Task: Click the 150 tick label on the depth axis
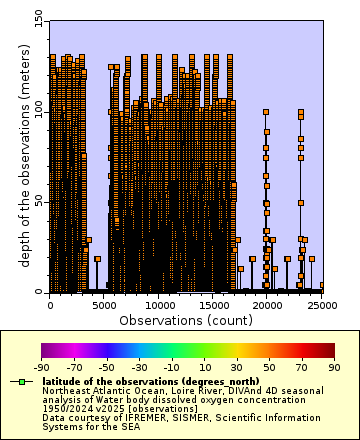[x=37, y=18]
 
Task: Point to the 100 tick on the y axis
[x=37, y=109]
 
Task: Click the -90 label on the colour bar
[x=41, y=367]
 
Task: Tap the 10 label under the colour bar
[x=204, y=367]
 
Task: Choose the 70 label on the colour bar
[x=301, y=367]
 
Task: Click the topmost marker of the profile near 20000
[x=266, y=112]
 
